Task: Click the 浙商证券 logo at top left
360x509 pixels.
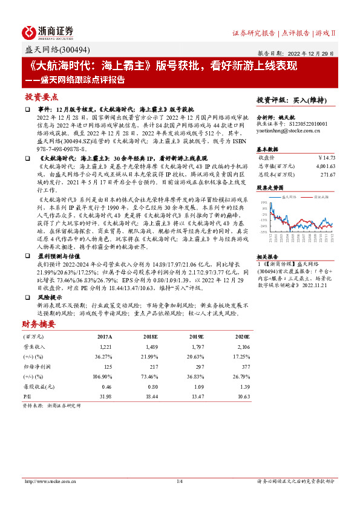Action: pos(48,32)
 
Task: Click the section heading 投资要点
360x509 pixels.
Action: pos(41,97)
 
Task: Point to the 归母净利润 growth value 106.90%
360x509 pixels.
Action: pos(102,375)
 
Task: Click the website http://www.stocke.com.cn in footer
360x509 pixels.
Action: pos(48,481)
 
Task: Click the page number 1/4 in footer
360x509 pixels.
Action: pos(179,481)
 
